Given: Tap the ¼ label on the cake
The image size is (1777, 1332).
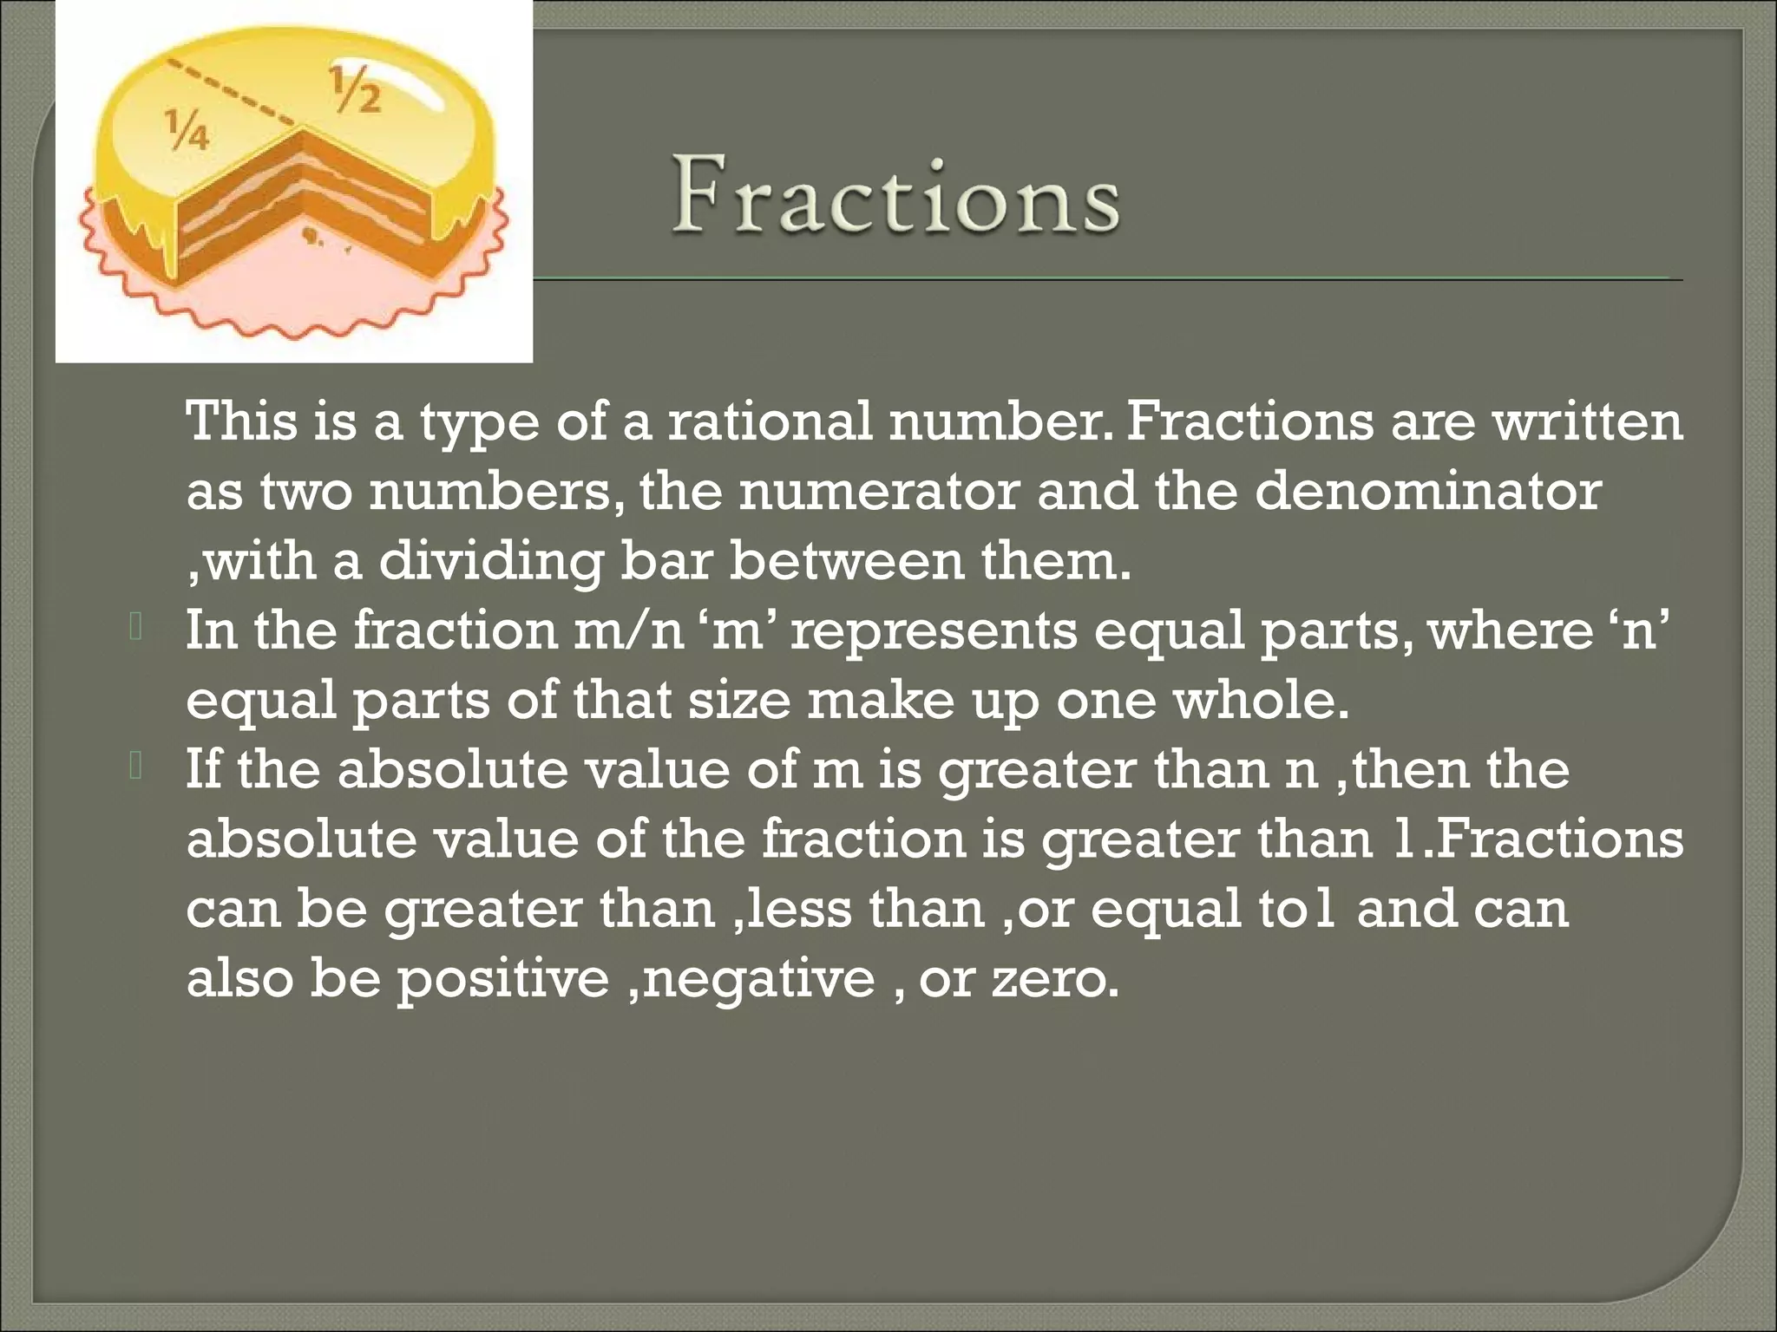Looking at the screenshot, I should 187,129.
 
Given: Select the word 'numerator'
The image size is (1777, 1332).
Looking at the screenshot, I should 878,492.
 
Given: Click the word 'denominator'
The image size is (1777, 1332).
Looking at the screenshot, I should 1427,492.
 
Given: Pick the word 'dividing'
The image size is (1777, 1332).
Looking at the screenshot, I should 490,561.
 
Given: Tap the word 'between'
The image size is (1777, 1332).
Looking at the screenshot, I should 847,561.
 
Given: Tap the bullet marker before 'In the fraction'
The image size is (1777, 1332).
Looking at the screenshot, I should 136,627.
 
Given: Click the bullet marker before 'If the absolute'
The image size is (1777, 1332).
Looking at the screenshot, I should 136,766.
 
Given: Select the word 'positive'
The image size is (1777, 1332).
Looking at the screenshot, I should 503,980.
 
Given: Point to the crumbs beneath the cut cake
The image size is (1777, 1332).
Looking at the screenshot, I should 312,238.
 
